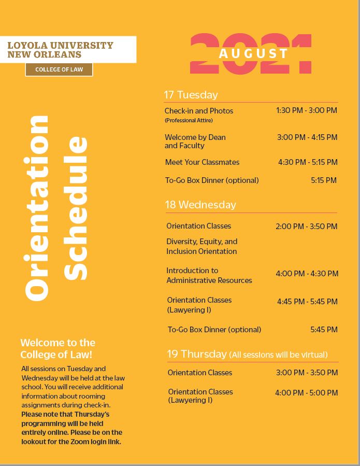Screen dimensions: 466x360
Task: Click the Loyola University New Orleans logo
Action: tap(60, 50)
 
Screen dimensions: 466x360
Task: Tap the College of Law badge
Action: tap(59, 69)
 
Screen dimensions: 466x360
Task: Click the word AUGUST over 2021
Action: tap(253, 53)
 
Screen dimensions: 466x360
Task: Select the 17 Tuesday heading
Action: tap(191, 95)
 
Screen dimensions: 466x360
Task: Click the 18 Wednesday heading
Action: tap(200, 205)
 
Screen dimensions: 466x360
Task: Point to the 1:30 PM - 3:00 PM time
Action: tap(306, 110)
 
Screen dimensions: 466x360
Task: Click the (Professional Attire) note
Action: tap(189, 120)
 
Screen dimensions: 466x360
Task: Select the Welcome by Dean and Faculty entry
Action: tap(195, 142)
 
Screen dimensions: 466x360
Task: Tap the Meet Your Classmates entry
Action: tap(202, 162)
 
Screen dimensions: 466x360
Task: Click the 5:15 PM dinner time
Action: tap(324, 180)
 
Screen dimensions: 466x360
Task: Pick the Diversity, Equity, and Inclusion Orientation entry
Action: tap(201, 246)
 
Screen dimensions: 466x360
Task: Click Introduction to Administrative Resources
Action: tap(209, 275)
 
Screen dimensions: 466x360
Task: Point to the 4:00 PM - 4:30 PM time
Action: tap(307, 274)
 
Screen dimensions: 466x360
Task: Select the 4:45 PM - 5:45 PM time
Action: tap(307, 302)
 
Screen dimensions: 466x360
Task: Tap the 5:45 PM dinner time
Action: tap(324, 330)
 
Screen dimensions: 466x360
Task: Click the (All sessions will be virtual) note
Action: tap(278, 355)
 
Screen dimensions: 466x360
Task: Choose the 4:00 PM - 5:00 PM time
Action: tap(306, 393)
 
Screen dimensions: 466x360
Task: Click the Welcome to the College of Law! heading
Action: tap(57, 348)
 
